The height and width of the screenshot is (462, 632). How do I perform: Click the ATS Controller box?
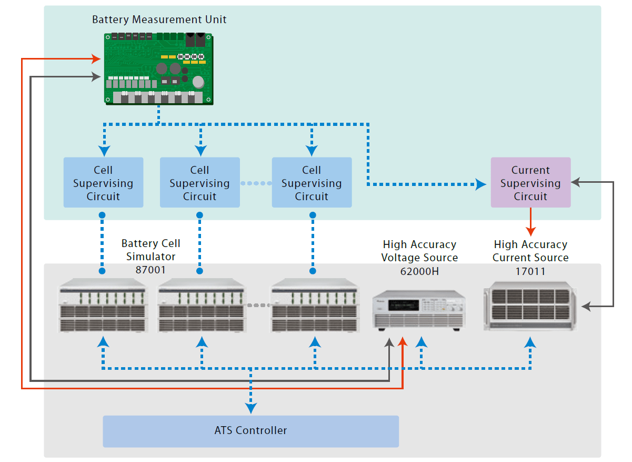coord(250,431)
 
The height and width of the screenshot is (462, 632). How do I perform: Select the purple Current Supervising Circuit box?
coord(530,182)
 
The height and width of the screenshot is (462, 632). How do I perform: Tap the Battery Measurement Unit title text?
coord(159,20)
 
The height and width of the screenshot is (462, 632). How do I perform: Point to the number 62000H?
coord(419,271)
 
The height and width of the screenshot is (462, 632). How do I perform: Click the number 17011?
coord(530,271)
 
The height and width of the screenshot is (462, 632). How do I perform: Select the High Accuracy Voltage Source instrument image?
coord(419,311)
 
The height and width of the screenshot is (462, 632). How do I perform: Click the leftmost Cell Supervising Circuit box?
coord(103,182)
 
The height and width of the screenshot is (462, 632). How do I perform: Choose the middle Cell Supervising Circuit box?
coord(199,182)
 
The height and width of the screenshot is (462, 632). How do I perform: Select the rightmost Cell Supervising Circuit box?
coord(312,182)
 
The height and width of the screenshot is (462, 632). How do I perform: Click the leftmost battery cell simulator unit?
coord(103,308)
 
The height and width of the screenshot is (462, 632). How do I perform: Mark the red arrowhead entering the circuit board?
coord(96,58)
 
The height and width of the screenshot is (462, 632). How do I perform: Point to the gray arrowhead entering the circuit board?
coord(96,77)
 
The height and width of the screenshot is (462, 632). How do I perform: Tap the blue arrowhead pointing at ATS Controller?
coord(251,408)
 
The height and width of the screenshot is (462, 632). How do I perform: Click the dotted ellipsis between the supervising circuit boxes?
coord(256,183)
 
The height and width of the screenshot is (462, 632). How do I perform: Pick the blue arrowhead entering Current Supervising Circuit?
coord(481,184)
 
